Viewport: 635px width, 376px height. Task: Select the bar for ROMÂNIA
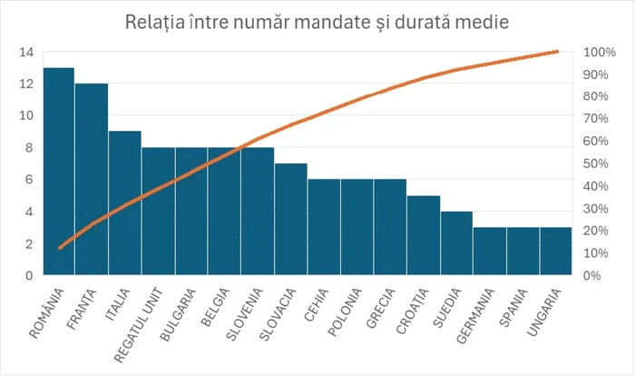[x=59, y=173]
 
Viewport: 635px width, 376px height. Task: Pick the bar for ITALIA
[x=125, y=203]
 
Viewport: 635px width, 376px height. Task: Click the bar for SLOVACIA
[x=290, y=220]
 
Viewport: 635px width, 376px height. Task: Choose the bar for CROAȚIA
[x=423, y=235]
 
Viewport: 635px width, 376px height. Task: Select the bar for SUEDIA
[x=456, y=243]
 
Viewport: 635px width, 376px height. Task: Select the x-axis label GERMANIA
[x=477, y=315]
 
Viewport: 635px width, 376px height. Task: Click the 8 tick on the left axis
[x=29, y=147]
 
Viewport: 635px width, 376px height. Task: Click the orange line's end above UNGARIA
[x=556, y=52]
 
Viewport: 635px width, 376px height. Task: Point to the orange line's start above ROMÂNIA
[x=60, y=248]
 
